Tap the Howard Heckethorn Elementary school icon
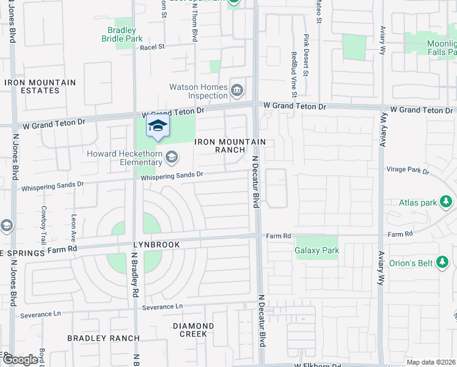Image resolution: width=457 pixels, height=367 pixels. point(172,158)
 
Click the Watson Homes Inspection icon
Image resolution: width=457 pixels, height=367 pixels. point(237,91)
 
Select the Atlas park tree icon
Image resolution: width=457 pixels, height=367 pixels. point(447,202)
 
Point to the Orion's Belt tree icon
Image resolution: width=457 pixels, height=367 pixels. point(444,262)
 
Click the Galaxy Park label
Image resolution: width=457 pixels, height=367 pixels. point(316,250)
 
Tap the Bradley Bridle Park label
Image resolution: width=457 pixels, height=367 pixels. point(122,34)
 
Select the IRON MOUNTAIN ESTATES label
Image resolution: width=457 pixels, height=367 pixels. point(40,86)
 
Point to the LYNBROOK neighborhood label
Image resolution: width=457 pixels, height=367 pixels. point(157,245)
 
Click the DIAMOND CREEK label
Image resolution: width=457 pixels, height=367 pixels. point(193,330)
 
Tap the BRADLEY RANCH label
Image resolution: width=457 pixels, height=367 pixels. point(103,338)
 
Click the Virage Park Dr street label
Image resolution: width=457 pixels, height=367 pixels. point(408,170)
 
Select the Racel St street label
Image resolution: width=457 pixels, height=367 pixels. point(153,46)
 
